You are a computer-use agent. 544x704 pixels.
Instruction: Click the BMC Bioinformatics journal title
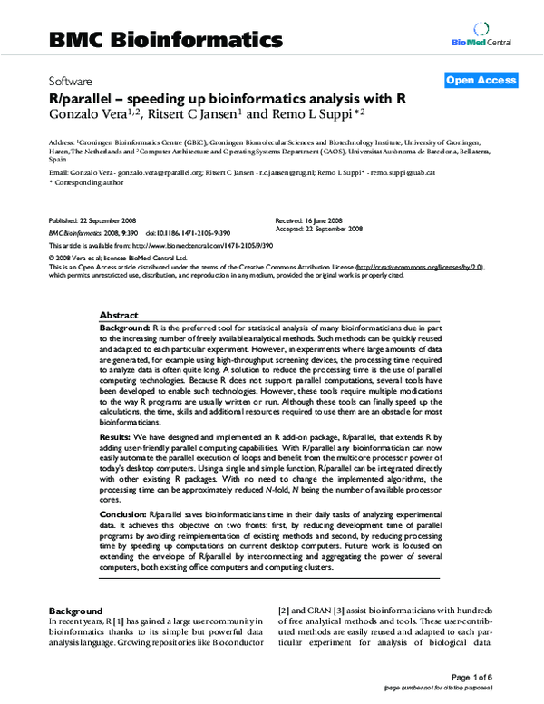tap(165, 40)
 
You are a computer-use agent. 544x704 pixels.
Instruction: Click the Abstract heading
tap(118, 312)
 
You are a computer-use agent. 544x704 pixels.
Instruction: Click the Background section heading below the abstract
tap(77, 611)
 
